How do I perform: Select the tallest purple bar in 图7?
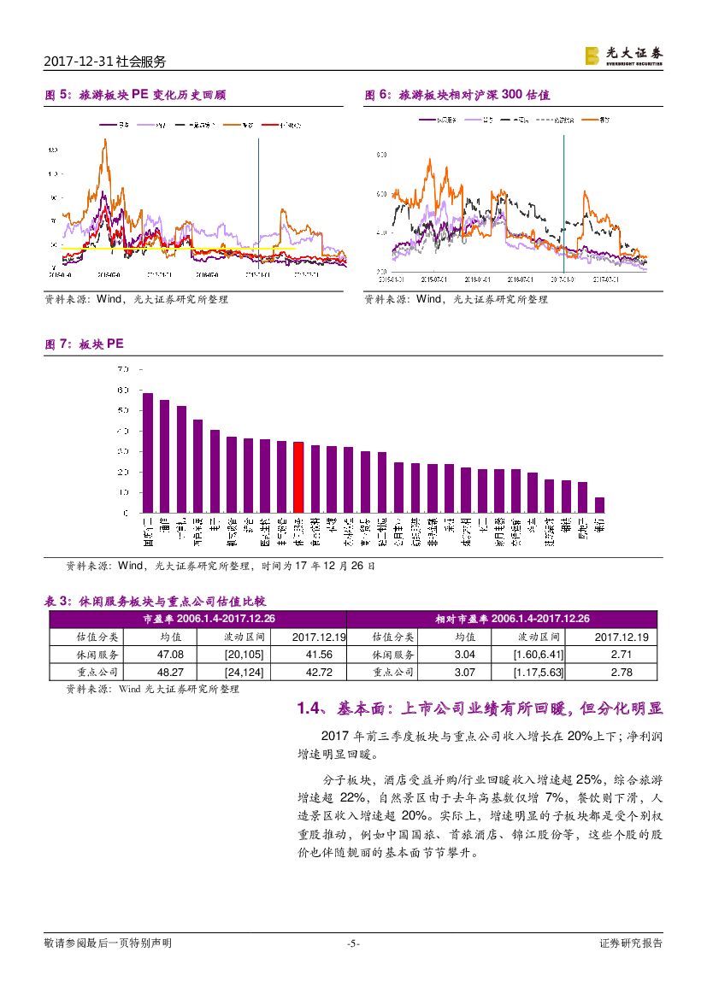pos(148,453)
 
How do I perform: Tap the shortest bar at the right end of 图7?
pos(599,505)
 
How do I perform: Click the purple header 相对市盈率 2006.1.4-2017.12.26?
pos(502,619)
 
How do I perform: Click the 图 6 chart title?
pos(457,95)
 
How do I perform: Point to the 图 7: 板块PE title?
pos(84,343)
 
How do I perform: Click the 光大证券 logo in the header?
pos(623,56)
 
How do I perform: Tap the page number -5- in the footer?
pos(353,943)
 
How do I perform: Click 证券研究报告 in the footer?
pos(631,943)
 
